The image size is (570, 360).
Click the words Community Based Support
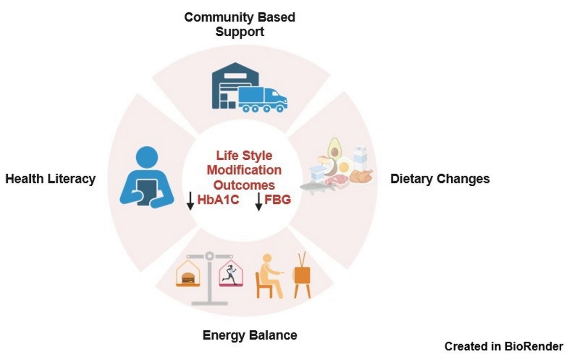(x=240, y=25)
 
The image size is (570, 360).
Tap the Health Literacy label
(x=50, y=179)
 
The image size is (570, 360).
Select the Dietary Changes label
(x=440, y=179)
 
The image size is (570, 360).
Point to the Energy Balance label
(x=250, y=335)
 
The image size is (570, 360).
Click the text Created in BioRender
(x=503, y=346)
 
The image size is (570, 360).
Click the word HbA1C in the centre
(x=219, y=200)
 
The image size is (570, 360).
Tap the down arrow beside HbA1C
(x=190, y=201)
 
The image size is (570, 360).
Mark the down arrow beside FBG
(x=259, y=201)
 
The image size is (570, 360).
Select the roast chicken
(x=361, y=177)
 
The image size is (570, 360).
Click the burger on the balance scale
(x=187, y=278)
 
